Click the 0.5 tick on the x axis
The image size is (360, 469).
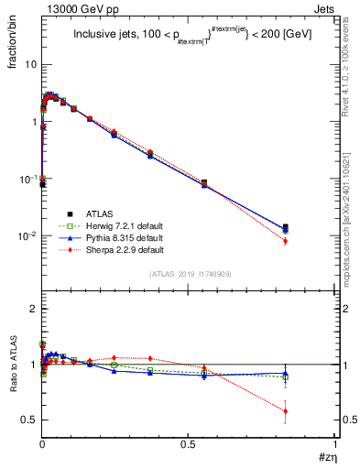[x=188, y=444]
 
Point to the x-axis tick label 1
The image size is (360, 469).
[x=335, y=444]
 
